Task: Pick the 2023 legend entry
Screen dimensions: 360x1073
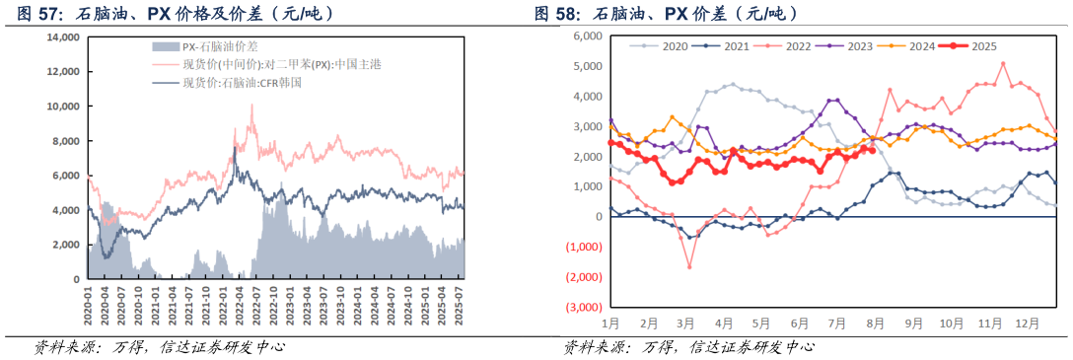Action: [x=849, y=45]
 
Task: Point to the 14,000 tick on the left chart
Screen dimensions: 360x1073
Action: [x=62, y=37]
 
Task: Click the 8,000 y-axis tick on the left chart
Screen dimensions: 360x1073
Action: [x=65, y=141]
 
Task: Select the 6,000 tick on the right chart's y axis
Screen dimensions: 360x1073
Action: [x=586, y=36]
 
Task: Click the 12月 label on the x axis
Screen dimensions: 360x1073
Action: [x=1028, y=323]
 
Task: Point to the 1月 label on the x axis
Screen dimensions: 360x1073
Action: [x=611, y=323]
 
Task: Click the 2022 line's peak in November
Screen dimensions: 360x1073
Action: [x=1003, y=64]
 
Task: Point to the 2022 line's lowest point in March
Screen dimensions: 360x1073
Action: [x=689, y=266]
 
